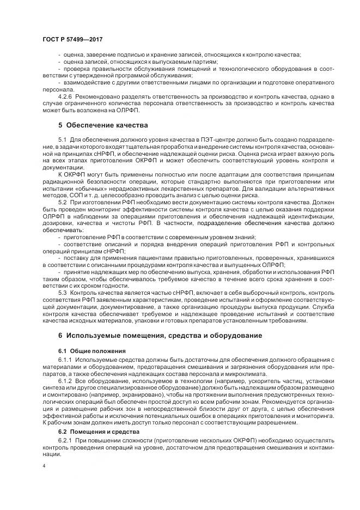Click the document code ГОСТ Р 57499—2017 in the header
click(x=72, y=40)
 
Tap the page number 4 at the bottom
click(x=44, y=466)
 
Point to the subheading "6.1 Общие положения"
click(x=91, y=350)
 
